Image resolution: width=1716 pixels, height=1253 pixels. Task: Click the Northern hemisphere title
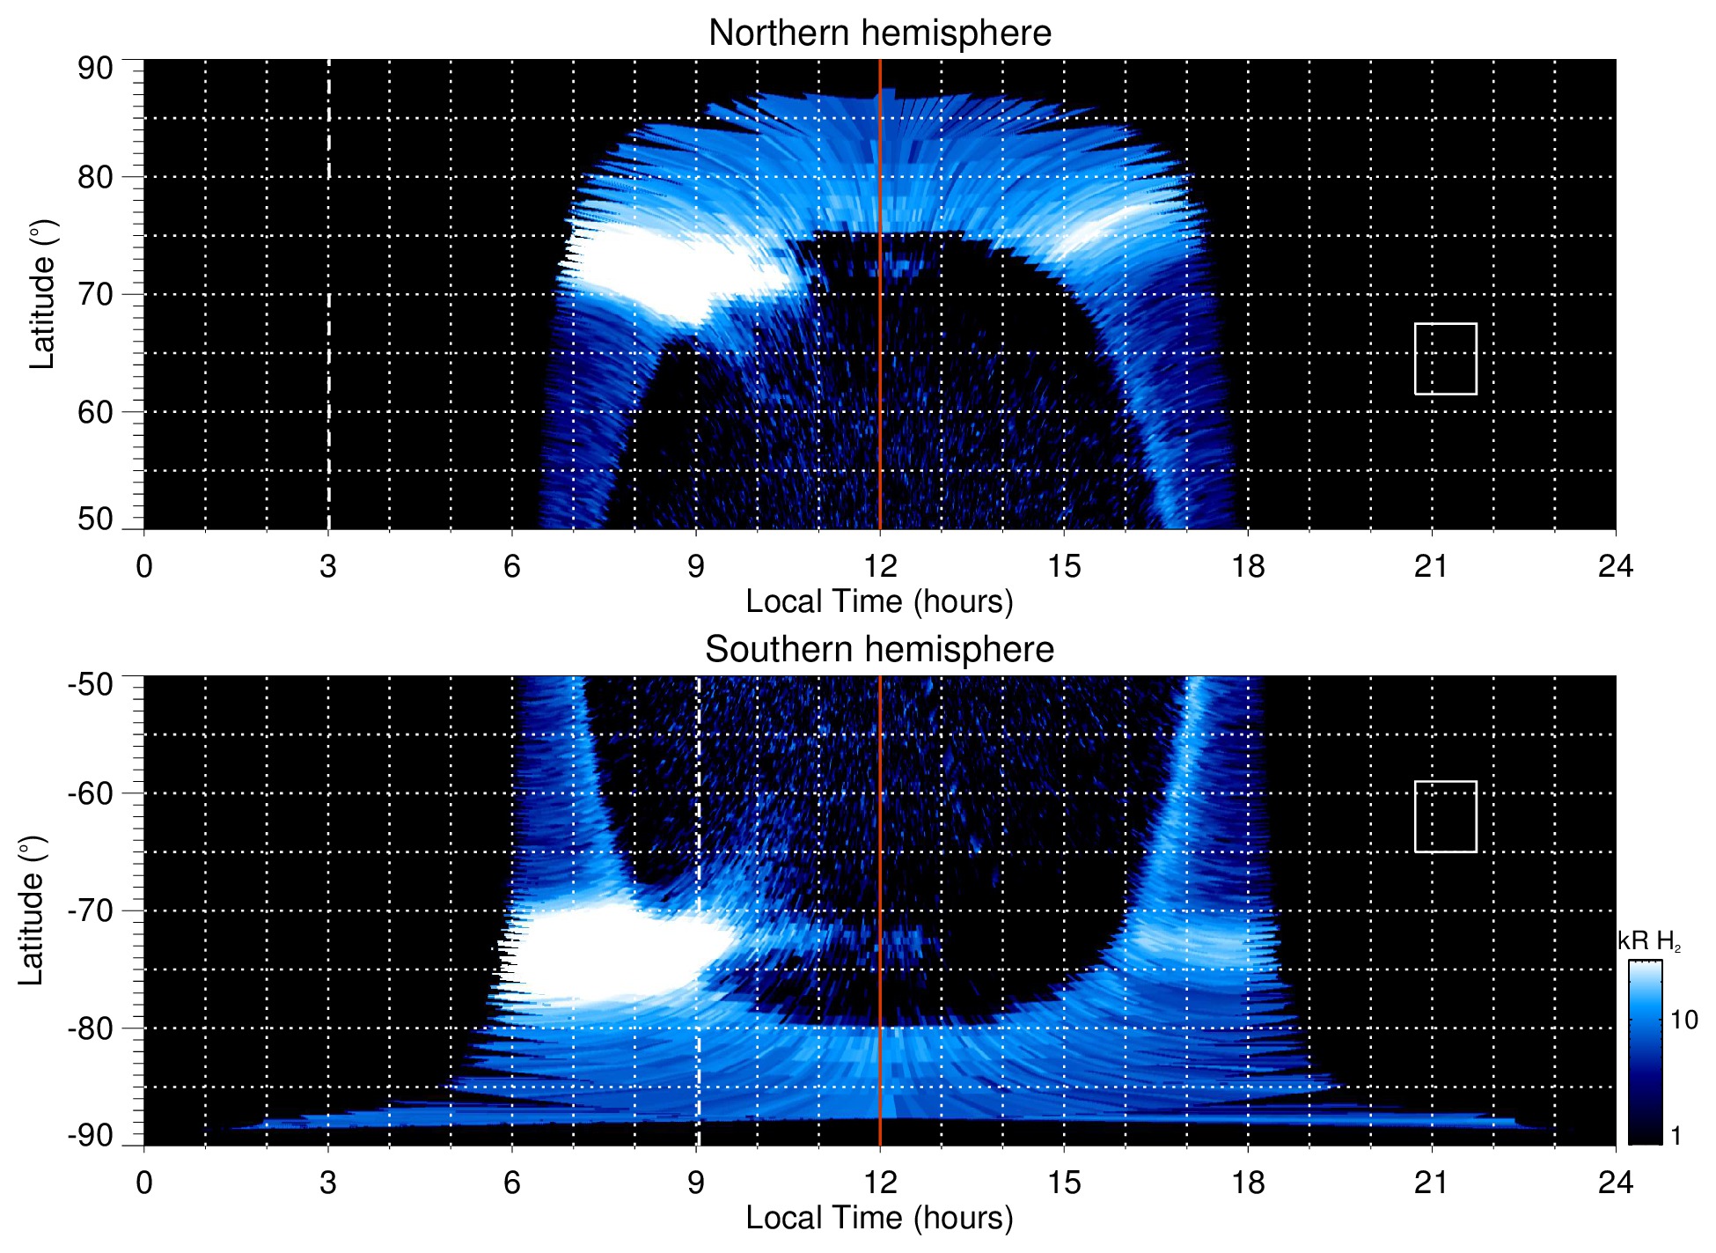879,33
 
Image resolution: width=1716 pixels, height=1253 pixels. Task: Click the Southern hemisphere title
879,650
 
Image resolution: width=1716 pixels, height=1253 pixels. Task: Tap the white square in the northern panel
1445,358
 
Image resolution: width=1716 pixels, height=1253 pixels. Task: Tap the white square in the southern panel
1445,816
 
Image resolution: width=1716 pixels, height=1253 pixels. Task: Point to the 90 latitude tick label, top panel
95,69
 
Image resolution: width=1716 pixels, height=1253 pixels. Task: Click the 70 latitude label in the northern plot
95,294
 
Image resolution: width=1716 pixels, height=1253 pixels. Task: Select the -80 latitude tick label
91,1028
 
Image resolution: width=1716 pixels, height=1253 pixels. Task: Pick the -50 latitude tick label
91,684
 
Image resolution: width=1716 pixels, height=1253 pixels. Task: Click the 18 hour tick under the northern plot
1247,566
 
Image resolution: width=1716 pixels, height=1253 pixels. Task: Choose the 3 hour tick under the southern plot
328,1183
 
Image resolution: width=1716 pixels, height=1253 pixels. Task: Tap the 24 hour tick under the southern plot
1615,1183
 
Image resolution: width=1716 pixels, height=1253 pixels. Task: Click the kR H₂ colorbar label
1649,941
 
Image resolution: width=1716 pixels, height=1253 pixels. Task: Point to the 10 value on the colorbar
1683,1021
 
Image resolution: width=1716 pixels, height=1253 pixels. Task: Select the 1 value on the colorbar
1676,1136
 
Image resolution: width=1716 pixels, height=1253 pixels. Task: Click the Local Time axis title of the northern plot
879,601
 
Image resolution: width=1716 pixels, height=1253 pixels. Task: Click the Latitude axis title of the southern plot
32,910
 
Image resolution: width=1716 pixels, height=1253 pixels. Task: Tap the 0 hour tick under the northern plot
144,566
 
